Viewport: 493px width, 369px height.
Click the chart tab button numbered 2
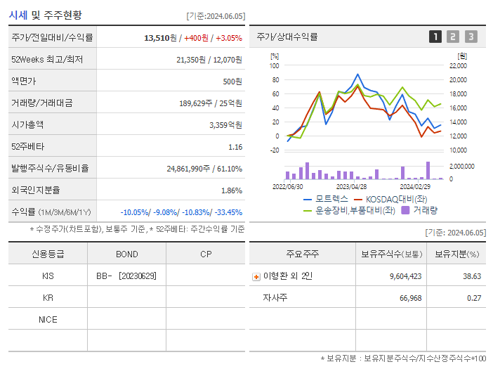click(453, 37)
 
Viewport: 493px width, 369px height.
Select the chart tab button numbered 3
click(471, 37)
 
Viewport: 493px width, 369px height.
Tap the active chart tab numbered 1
click(435, 37)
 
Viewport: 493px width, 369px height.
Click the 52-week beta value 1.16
click(235, 146)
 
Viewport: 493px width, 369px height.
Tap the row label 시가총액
click(27, 124)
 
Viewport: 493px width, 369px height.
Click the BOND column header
click(126, 254)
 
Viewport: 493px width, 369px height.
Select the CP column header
click(205, 254)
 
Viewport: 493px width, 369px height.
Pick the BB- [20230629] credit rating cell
click(126, 276)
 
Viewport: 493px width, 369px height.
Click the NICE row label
click(48, 320)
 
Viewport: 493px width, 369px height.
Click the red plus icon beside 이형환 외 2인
click(256, 276)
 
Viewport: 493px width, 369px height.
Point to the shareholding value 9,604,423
click(405, 276)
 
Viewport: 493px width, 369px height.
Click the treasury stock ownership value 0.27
click(474, 298)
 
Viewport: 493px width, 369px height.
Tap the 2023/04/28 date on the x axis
click(352, 187)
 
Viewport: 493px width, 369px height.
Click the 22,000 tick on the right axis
click(457, 66)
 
